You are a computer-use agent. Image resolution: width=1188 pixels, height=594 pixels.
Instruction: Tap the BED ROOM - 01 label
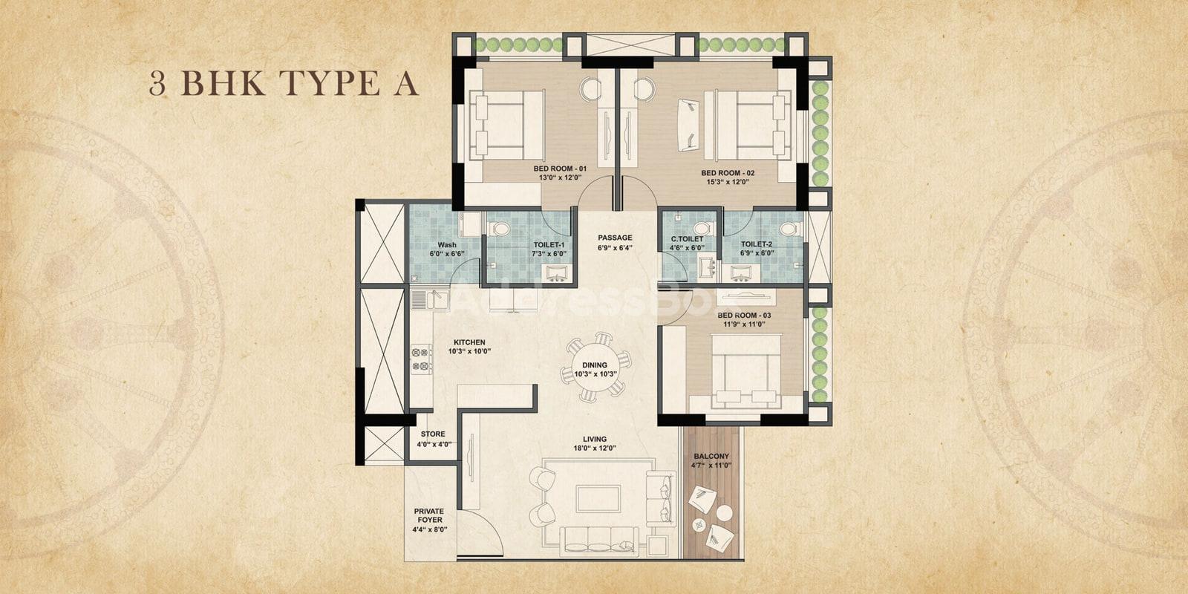(560, 169)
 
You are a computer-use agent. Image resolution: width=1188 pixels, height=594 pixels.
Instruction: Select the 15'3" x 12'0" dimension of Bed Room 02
(727, 182)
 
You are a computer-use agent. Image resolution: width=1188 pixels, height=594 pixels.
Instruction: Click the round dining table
(595, 369)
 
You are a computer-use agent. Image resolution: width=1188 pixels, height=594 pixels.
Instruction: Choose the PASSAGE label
(616, 238)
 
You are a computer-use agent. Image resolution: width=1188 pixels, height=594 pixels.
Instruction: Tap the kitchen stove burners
(422, 359)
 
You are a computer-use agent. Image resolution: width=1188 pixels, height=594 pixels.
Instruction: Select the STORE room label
(434, 434)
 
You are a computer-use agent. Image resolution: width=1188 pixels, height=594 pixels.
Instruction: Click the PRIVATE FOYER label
(429, 515)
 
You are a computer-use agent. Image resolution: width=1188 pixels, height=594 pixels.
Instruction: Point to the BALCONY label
(711, 456)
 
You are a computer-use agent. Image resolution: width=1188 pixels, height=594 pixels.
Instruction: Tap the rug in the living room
(598, 498)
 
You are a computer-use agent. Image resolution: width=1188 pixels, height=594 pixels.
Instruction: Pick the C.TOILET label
(688, 239)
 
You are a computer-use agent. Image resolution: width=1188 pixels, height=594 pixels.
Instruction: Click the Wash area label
(447, 245)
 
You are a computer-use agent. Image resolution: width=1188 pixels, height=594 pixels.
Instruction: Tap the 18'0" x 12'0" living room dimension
(595, 448)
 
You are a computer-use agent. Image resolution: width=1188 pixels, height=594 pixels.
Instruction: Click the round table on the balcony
(724, 513)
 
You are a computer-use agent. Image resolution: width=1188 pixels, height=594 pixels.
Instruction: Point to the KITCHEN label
(469, 342)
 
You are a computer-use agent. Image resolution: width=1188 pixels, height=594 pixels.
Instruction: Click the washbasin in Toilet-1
(556, 272)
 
